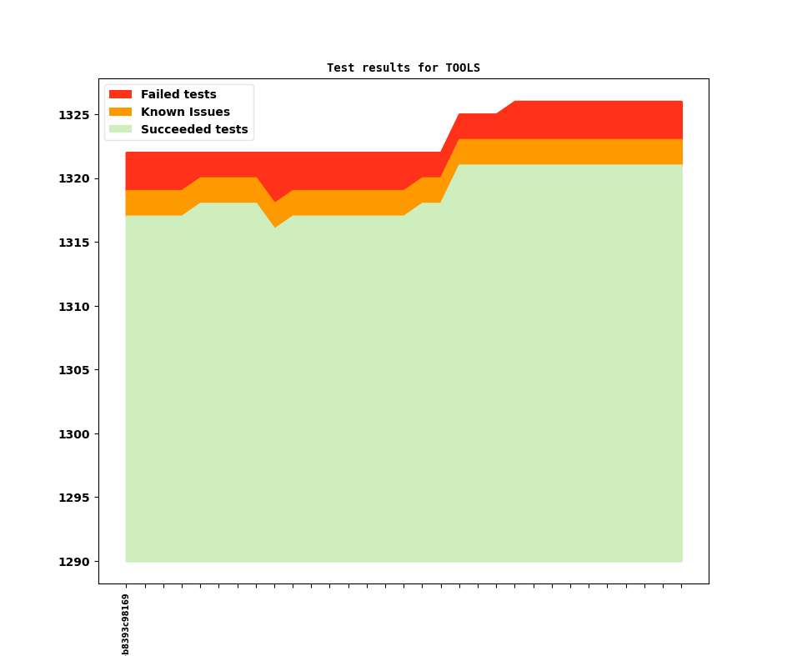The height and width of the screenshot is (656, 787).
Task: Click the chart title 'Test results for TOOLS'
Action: [x=403, y=68]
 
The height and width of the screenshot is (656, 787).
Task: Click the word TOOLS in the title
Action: [x=463, y=68]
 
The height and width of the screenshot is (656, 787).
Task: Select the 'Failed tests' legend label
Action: [x=178, y=94]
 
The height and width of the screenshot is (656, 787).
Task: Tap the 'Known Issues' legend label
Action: [x=185, y=112]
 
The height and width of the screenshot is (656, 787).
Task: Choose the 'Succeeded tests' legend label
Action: [x=194, y=129]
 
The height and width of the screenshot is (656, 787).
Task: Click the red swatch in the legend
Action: [x=120, y=94]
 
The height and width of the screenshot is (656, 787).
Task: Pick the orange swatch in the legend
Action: [x=120, y=112]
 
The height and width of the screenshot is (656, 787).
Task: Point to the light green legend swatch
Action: [x=120, y=129]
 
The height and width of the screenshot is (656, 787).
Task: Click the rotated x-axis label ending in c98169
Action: [x=126, y=623]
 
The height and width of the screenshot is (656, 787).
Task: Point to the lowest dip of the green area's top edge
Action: [x=275, y=227]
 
